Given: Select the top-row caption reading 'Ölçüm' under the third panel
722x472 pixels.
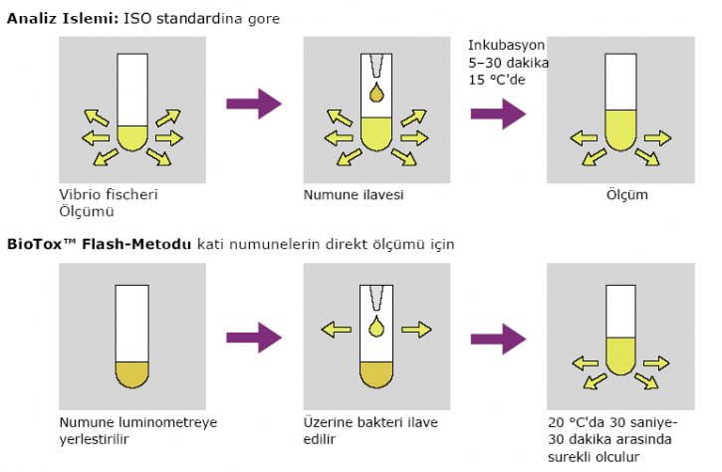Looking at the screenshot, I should [x=627, y=194].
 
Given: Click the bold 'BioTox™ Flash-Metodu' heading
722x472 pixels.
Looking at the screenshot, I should [x=99, y=243].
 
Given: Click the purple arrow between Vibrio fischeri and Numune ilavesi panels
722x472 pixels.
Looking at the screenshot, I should [x=255, y=103].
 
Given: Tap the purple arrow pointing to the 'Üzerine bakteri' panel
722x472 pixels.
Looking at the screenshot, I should [x=255, y=336].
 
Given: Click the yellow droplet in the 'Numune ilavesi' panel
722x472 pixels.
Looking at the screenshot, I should [x=375, y=95].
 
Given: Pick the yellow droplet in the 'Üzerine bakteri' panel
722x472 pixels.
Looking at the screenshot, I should [x=375, y=329].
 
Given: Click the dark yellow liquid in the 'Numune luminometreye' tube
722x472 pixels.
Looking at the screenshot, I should [x=132, y=371].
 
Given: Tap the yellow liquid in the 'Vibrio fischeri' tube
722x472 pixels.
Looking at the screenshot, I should [x=132, y=135].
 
